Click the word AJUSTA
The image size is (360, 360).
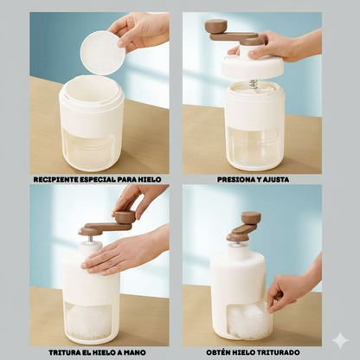click(275, 179)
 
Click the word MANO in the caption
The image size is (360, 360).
click(135, 352)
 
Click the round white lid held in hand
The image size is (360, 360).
click(102, 53)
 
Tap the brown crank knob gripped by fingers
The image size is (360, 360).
click(125, 216)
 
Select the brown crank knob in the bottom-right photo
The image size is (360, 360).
click(251, 218)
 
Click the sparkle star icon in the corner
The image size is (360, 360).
click(340, 340)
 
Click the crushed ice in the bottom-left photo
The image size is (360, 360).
click(88, 322)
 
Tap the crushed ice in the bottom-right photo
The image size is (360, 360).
click(248, 318)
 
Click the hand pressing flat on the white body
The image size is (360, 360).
click(124, 254)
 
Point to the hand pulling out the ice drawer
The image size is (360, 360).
click(292, 288)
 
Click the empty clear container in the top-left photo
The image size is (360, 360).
click(89, 150)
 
